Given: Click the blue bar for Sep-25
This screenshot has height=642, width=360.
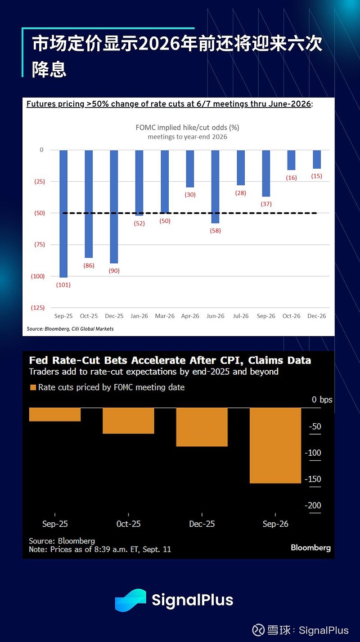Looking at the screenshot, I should tap(63, 213).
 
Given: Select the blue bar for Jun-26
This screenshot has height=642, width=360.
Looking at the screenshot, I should tap(215, 186).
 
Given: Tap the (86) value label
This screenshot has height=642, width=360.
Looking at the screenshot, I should tap(89, 265).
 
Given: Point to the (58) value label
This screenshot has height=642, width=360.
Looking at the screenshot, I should tap(215, 231).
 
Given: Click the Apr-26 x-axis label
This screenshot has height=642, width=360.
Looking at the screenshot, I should tap(190, 316).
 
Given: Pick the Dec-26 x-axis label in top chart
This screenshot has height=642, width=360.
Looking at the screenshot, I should tap(317, 316).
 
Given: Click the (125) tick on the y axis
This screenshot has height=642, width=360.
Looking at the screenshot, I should tap(37, 308).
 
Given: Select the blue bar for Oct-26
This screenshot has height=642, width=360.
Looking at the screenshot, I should tap(291, 160).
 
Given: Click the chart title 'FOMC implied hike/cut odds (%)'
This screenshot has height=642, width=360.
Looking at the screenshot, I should tap(187, 127).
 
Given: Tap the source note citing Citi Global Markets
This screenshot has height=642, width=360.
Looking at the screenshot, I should tap(70, 329).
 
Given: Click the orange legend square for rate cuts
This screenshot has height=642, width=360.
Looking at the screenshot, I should tap(32, 387).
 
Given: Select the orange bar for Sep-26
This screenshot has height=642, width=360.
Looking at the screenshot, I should tap(275, 445).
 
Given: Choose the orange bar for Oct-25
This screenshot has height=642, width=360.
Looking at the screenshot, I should tap(128, 421).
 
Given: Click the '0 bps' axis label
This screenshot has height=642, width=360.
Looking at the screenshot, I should tap(322, 400).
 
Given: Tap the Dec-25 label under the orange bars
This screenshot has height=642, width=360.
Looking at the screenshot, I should tap(202, 524).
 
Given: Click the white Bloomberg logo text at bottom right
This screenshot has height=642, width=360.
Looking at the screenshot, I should tap(310, 548).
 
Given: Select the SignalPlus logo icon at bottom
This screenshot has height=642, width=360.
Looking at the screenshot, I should tap(130, 600).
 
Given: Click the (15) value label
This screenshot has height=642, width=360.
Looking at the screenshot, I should tap(317, 176).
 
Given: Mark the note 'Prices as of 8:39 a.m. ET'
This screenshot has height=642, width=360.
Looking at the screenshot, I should tap(100, 549).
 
